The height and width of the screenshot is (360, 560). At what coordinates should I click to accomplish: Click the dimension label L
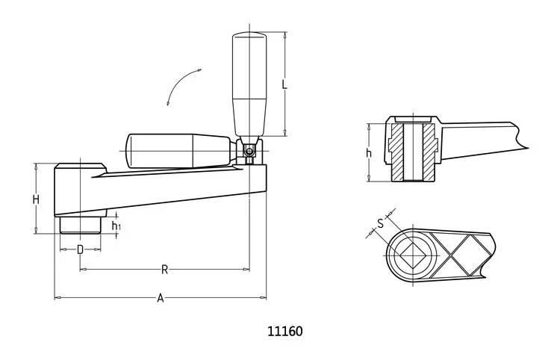284,84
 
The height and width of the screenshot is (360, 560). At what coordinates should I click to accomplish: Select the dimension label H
36,199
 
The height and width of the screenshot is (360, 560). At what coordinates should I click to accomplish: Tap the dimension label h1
116,226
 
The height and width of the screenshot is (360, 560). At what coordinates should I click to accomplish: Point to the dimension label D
81,249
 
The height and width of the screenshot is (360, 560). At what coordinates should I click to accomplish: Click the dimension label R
164,270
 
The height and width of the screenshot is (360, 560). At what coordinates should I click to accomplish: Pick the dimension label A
161,297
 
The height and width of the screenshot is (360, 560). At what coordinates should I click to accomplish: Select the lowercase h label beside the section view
369,153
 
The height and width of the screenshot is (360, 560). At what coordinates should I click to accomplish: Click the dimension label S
380,223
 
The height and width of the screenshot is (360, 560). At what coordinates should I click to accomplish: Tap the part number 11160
285,331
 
